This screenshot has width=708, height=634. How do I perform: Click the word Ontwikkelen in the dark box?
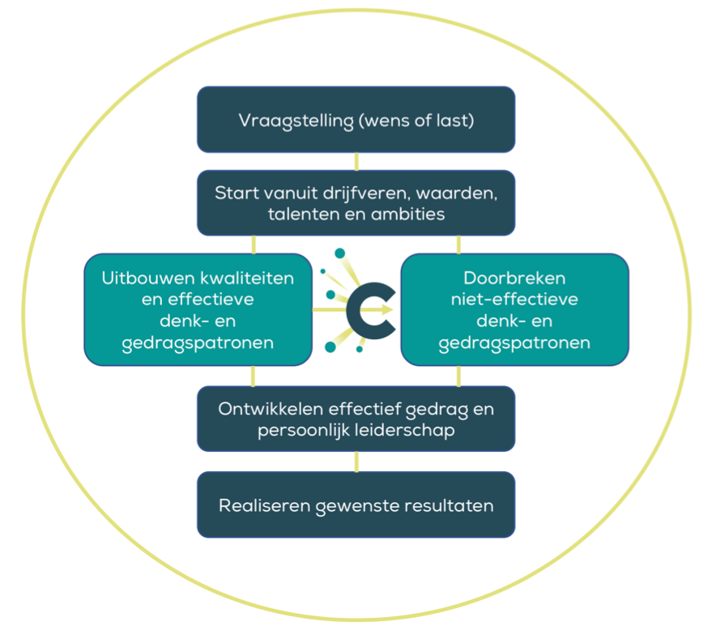coord(267,409)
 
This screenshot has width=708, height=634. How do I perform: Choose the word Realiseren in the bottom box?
coord(258,506)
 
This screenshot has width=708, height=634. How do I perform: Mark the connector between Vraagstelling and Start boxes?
coord(356,161)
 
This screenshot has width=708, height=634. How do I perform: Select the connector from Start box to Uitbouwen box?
coord(254,245)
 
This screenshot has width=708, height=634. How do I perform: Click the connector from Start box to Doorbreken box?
coord(458,245)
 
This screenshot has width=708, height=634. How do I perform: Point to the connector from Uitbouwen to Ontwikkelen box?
coord(254,376)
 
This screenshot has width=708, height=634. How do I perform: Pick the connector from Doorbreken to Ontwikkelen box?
coord(458,376)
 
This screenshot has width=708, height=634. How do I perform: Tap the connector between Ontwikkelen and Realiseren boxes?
coord(356,462)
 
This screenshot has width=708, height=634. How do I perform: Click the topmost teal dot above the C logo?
coord(339,253)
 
